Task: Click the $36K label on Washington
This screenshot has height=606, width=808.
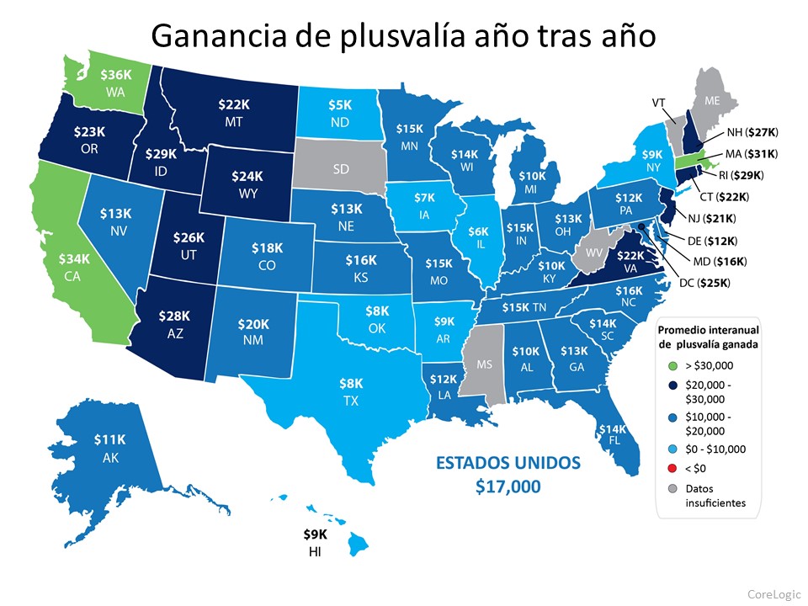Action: (115, 75)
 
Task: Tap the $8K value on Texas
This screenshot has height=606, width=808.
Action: (351, 384)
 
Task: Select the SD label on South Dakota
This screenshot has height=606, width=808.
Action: (341, 169)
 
